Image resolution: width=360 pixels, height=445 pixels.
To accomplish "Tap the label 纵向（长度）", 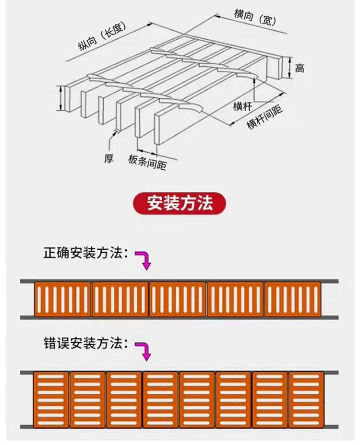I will pos(101,39).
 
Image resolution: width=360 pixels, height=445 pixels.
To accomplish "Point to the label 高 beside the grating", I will pos(300,69).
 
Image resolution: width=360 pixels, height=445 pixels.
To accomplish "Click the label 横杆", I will pos(242,106).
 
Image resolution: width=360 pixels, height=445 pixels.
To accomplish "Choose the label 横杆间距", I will pos(264,117).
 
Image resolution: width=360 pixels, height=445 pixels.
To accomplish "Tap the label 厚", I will pos(109,159).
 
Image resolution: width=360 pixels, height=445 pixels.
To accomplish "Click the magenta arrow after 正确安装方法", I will pos(144,259).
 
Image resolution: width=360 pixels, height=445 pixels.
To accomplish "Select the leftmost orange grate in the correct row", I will pos(62,299).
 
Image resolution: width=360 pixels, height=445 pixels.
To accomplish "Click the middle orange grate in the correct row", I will pos(178,299).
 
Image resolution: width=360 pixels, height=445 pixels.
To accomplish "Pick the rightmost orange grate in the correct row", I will pos(292,299).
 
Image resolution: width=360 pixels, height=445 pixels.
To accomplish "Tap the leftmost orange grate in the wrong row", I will pos(51,399).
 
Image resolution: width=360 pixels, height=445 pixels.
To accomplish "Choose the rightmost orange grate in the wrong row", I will pos(306,399).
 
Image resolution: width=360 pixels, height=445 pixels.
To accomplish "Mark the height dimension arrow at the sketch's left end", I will pos(61,99).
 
